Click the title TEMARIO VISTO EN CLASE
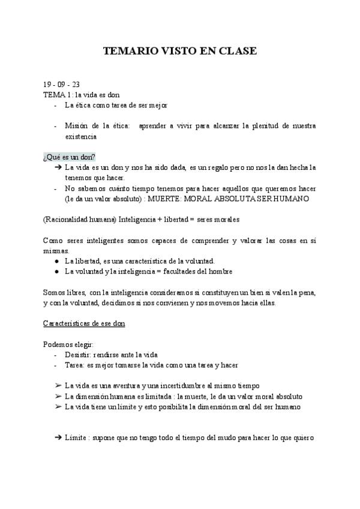(x=180, y=52)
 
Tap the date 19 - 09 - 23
(x=61, y=84)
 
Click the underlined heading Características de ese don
(x=84, y=323)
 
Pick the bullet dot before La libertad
(x=56, y=261)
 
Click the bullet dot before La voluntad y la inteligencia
(x=56, y=271)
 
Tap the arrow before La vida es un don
(x=58, y=167)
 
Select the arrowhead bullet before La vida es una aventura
(x=58, y=385)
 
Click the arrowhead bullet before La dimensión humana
(x=58, y=396)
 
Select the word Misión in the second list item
(x=78, y=126)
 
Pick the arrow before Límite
(x=58, y=438)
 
